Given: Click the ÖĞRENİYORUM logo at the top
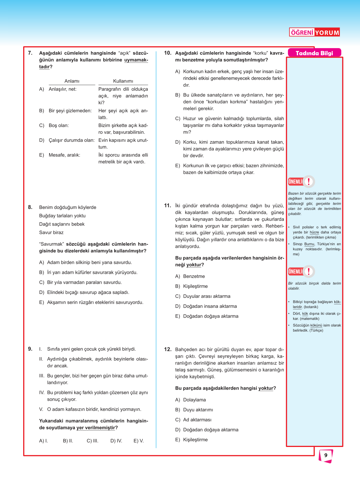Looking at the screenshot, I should pos(314,32).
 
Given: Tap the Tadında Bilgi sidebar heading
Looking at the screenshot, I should pos(314,53).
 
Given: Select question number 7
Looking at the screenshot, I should pos(30,53).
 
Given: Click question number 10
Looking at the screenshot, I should pos(167,53).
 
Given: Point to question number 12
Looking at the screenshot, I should pos(167,349).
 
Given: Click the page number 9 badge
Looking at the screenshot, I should pos(326,455).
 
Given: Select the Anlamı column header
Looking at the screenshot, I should pos(72,81).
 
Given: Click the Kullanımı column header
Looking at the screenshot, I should pos(123,81).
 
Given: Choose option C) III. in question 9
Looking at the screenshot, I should pos(93,441).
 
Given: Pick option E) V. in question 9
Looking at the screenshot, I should pos(139,441).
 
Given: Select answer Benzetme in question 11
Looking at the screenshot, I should pos(194,276).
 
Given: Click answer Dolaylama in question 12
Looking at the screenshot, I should pos(194,400).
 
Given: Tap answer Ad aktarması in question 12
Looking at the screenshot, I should pos(197,420).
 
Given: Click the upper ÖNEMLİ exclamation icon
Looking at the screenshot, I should pos(309,182).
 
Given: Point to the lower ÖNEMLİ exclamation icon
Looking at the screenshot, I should pos(309,271).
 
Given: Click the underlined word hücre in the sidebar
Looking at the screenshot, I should pos(314,232).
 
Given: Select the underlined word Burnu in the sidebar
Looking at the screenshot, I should pos(309,244).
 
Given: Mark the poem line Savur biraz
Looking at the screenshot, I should pos(51,233).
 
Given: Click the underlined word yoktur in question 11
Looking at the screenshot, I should pos(194,265).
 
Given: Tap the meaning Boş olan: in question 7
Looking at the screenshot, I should pos(59,125).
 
